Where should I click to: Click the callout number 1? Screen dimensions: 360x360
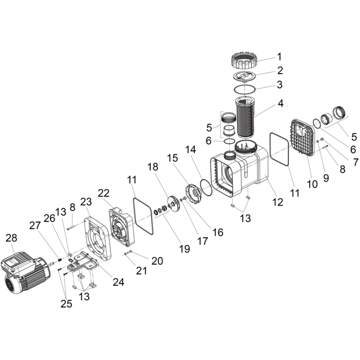pos(279,57)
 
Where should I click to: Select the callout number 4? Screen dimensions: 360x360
pos(280,103)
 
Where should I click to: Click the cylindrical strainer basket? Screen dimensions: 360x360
pos(245,117)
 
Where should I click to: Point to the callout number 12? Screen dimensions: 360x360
pos(278,202)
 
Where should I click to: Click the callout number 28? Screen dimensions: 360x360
pos(12,238)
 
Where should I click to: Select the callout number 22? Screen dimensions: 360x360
pos(103,193)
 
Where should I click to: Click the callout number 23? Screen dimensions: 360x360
pos(86,202)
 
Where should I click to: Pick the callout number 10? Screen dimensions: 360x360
pos(312,184)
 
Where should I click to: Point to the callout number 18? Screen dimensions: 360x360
pos(153,167)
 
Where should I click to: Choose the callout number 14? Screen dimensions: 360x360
pos(191,150)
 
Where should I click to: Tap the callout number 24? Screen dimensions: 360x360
pos(118,282)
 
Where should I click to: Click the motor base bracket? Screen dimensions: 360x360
pos(83,262)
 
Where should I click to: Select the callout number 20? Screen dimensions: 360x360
pos(157,261)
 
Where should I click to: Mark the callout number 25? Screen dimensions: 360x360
pos(66,304)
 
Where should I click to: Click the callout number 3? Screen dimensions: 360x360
pos(279,85)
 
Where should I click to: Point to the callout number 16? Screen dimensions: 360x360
pos(218,233)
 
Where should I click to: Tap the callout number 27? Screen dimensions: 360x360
pos(35,226)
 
